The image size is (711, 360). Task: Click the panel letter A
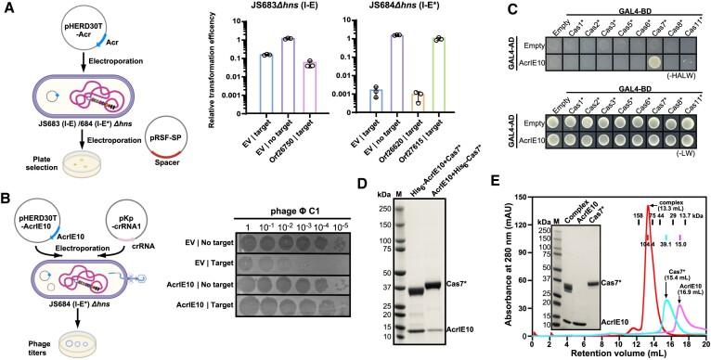pos(6,7)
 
